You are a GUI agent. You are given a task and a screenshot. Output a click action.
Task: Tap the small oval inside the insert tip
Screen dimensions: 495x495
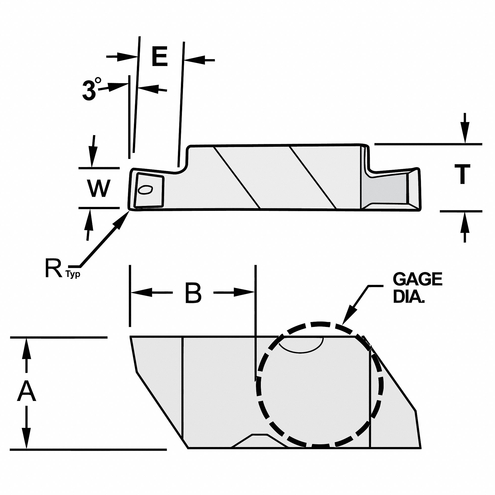145,190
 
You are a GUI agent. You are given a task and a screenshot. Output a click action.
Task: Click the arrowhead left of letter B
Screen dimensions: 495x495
140,293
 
